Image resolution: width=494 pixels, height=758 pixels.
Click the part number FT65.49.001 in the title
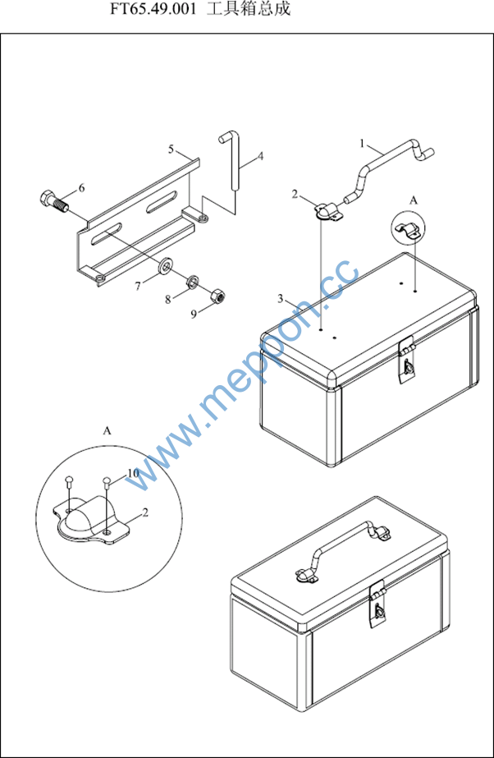(153, 9)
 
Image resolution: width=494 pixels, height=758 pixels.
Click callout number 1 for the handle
(362, 143)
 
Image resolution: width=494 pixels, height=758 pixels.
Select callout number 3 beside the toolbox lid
(280, 299)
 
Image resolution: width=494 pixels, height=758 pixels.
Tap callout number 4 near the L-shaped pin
(260, 157)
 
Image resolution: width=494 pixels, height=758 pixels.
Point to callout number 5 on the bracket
(171, 149)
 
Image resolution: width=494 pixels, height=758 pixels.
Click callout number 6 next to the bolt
(81, 188)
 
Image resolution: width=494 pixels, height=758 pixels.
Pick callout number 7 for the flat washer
(138, 286)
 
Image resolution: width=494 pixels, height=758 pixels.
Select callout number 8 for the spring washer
(167, 300)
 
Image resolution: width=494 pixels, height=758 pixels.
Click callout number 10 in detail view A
(133, 473)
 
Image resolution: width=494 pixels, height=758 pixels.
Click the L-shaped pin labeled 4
(234, 162)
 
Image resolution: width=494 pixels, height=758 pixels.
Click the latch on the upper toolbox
(406, 361)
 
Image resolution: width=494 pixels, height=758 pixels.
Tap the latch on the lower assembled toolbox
(377, 604)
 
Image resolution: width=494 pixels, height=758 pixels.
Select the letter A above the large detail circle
(107, 430)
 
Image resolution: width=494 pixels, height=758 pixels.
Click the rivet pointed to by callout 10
(107, 483)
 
